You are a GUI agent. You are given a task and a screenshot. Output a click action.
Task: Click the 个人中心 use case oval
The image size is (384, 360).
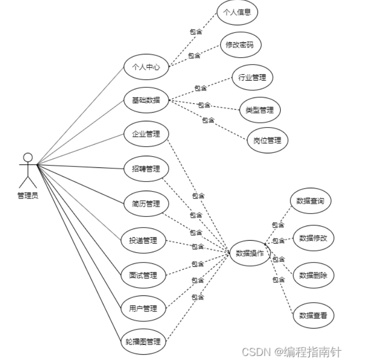point(146,67)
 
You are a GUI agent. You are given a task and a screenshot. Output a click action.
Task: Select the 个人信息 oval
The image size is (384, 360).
point(237,13)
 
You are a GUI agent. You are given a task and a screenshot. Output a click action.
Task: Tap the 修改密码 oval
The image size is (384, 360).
point(240,45)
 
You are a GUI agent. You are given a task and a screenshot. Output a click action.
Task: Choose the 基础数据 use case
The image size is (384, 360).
point(146,100)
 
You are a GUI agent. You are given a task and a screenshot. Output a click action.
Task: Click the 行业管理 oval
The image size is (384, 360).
point(252,77)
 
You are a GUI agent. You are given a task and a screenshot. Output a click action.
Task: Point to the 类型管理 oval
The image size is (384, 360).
point(259,110)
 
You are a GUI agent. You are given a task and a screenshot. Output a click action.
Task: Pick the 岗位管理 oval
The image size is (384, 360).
point(267,141)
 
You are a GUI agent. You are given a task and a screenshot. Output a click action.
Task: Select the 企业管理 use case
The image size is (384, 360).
point(146,133)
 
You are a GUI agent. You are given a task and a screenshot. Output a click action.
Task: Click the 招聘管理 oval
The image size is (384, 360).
point(146,169)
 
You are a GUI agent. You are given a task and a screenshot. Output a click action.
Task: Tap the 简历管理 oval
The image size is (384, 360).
point(146,204)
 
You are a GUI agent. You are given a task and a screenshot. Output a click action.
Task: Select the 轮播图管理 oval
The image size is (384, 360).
point(143,341)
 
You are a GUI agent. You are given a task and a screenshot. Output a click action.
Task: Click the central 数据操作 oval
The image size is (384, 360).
point(250,253)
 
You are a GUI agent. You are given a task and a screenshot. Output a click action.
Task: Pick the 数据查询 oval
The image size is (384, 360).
point(310,200)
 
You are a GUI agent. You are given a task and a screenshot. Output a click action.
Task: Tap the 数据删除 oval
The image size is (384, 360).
point(313,275)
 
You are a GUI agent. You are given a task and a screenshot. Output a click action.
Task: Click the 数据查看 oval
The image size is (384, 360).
point(313,316)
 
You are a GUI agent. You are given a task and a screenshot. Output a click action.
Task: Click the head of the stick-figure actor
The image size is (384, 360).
point(28,157)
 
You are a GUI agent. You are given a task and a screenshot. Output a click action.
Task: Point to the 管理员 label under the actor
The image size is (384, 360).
point(28,196)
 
